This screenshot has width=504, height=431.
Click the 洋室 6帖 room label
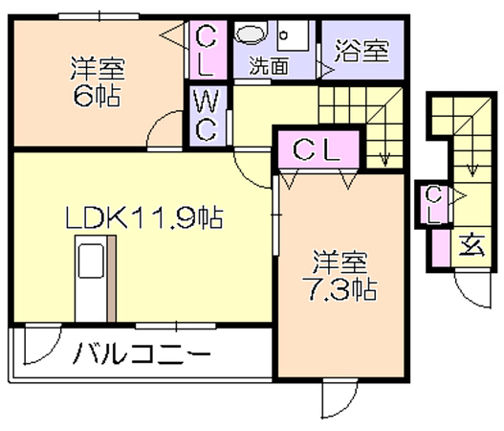(x=98, y=81)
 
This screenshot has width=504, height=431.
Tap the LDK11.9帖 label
(x=144, y=218)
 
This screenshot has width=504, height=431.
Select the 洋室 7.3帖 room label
(x=340, y=276)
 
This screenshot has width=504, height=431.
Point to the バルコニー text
(x=142, y=353)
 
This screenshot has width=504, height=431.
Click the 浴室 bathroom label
(x=362, y=51)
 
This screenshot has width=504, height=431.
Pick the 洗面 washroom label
(x=270, y=66)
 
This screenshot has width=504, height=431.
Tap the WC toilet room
(x=208, y=116)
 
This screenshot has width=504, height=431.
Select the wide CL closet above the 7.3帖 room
(x=318, y=149)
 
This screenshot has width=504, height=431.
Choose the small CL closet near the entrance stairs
(x=433, y=205)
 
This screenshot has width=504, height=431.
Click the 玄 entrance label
(x=471, y=246)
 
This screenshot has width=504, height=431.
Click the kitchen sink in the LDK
(x=91, y=261)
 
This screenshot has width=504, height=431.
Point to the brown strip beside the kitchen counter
(x=112, y=279)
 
